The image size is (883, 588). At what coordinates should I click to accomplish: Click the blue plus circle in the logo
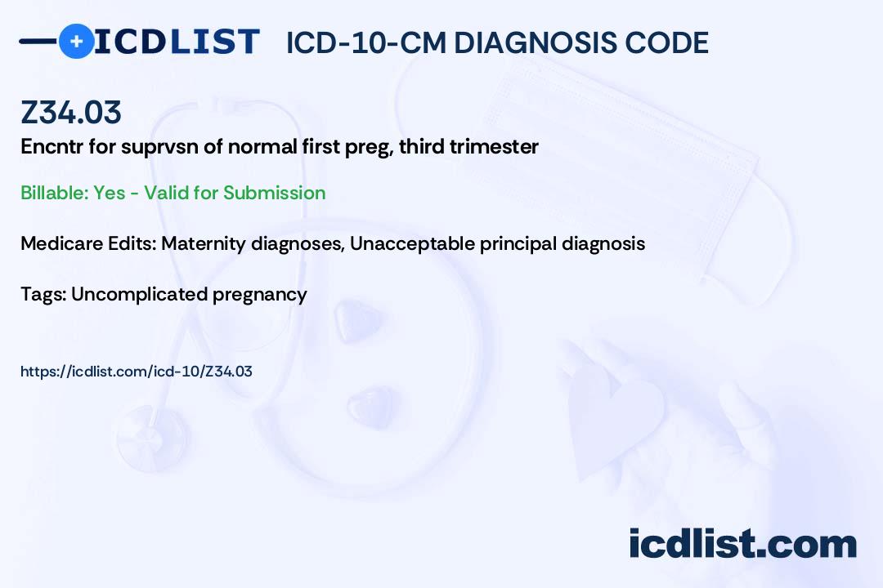point(75,41)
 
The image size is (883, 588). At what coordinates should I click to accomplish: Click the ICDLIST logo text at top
point(177,42)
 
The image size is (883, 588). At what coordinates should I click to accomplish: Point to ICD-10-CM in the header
point(365,42)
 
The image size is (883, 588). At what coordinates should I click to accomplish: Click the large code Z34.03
point(71,113)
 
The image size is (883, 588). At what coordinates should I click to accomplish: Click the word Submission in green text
point(274,193)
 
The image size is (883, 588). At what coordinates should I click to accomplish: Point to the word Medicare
point(56,243)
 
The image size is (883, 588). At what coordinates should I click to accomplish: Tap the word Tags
point(41,294)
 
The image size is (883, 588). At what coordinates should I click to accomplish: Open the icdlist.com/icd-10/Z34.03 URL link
point(137,372)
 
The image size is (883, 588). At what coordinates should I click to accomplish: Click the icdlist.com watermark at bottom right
point(742,544)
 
